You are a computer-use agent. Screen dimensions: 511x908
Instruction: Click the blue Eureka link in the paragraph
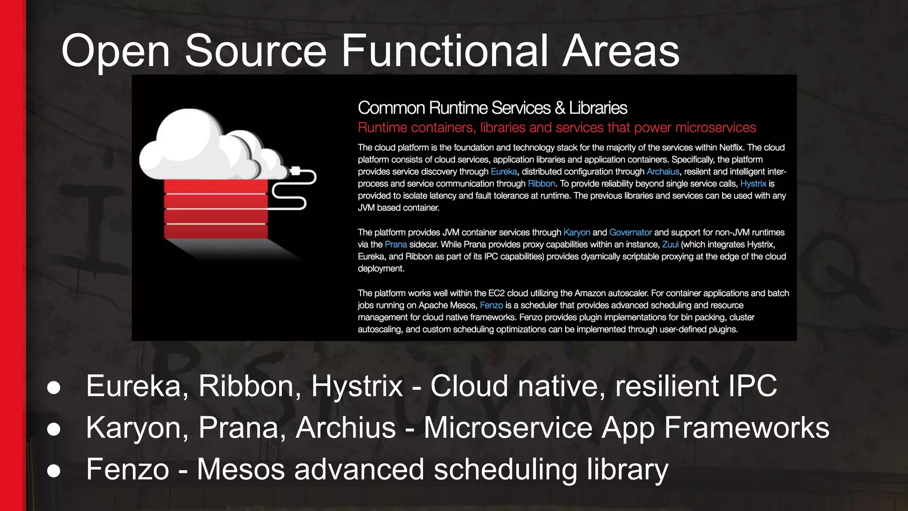[504, 172]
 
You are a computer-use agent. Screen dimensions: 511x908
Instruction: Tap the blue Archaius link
[663, 172]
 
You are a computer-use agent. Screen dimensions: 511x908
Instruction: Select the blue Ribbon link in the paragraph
[541, 184]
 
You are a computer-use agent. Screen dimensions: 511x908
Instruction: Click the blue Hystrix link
[753, 184]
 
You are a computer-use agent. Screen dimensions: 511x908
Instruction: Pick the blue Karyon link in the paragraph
[576, 232]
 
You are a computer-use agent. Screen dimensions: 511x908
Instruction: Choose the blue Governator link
[630, 232]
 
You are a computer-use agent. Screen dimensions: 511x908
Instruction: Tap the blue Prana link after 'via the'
[395, 244]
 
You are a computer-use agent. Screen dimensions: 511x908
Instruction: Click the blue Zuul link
[670, 244]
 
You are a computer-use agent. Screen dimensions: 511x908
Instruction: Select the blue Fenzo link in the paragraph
[491, 305]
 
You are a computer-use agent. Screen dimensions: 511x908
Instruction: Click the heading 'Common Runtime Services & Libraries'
[492, 108]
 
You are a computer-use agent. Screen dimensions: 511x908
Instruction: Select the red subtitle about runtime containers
[556, 128]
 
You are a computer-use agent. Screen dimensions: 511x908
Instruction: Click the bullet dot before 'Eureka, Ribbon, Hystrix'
[54, 387]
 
